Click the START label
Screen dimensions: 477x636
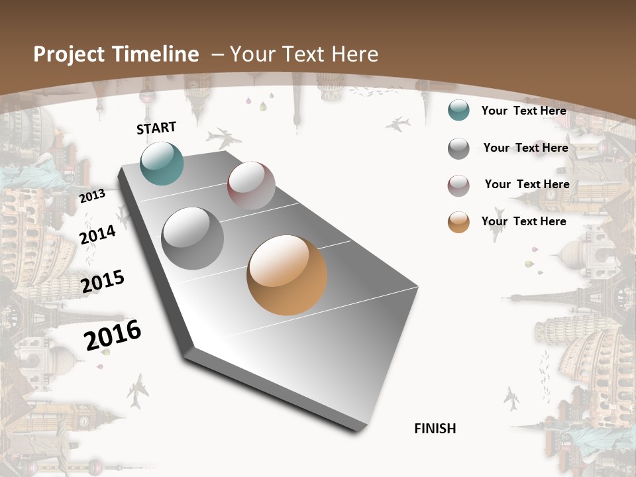tap(156, 127)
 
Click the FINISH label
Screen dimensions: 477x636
tap(435, 429)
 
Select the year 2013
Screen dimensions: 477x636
tap(92, 195)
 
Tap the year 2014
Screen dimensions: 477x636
tap(97, 235)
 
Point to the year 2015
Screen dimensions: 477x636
tap(103, 282)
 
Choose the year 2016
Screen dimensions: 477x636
tap(113, 335)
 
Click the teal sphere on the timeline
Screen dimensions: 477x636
tap(162, 163)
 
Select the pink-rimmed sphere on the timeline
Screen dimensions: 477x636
tap(251, 185)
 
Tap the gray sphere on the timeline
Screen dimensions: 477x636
tap(193, 238)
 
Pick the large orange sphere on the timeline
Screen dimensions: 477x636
tap(287, 275)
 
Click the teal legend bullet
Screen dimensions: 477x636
tap(458, 110)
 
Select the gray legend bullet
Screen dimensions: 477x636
tap(458, 148)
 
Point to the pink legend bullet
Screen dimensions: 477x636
tap(458, 185)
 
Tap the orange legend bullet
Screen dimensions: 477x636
tap(458, 222)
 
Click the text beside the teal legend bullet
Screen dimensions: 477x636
tap(523, 111)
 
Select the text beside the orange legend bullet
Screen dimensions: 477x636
tap(523, 221)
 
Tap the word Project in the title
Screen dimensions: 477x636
tap(69, 54)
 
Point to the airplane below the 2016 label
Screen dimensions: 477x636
tap(138, 391)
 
